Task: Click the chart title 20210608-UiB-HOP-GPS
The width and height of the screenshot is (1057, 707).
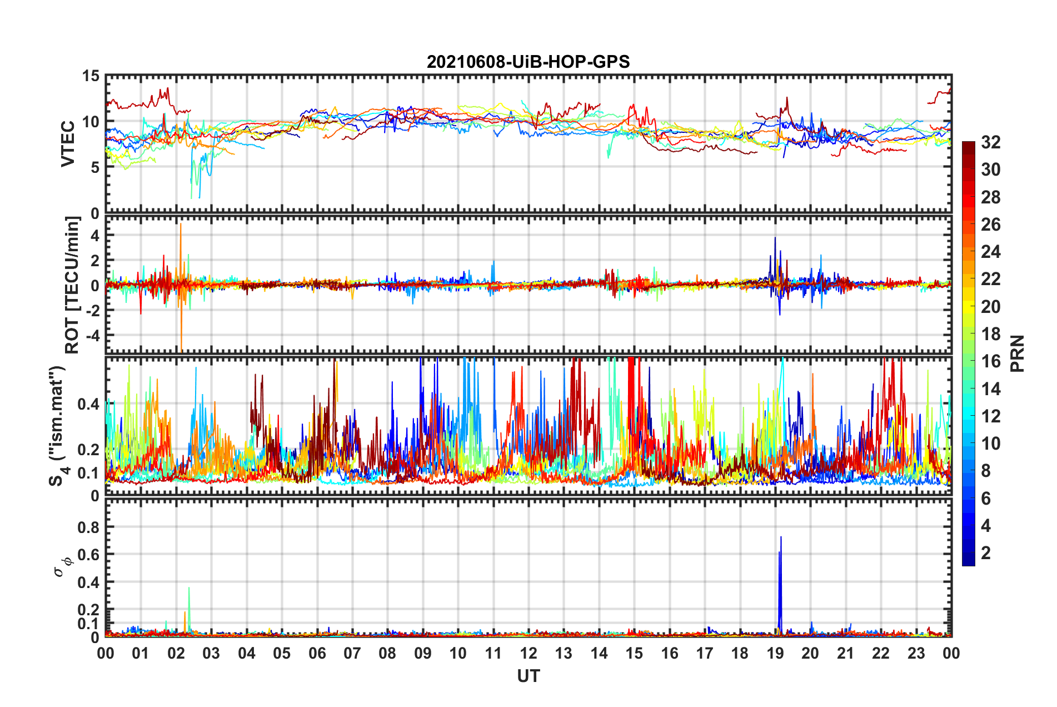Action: point(528,62)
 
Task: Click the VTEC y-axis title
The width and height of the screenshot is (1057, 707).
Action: point(68,143)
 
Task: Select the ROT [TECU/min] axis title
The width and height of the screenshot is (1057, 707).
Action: point(72,285)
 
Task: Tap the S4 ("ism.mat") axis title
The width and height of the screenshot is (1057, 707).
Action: point(57,426)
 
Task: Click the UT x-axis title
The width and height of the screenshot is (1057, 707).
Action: point(528,676)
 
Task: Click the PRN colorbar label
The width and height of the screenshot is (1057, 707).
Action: point(1017,353)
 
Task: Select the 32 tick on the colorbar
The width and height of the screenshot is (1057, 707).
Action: point(990,142)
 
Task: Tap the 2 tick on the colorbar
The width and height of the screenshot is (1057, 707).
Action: point(986,552)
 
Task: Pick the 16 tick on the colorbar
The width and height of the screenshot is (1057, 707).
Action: point(990,361)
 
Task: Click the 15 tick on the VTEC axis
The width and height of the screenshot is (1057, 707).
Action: point(91,76)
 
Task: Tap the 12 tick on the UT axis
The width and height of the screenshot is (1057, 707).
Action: point(528,653)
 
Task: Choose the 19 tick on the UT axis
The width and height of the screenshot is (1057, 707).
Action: point(775,653)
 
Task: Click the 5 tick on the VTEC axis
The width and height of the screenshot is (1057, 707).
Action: point(95,167)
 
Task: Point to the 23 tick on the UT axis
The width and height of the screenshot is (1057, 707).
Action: point(916,653)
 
